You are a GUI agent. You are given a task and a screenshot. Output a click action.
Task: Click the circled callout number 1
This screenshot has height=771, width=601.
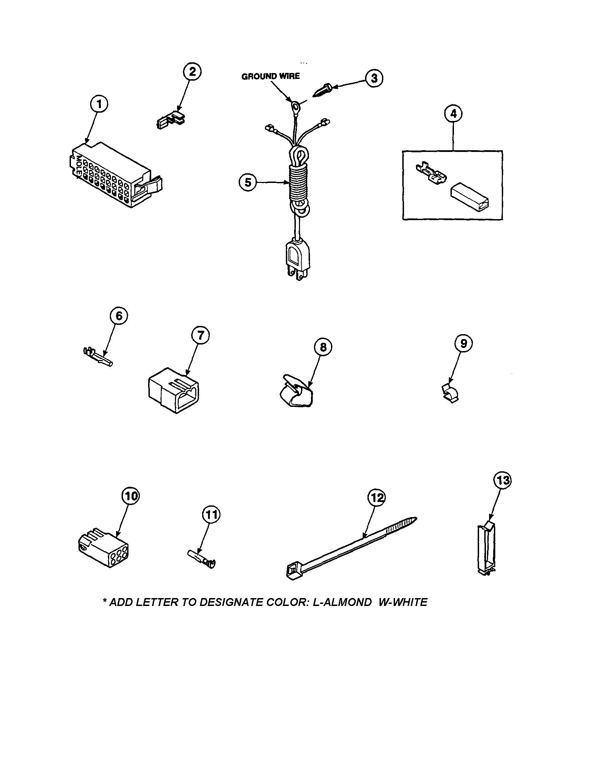click(99, 104)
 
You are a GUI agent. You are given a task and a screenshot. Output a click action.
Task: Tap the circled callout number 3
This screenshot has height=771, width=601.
click(374, 78)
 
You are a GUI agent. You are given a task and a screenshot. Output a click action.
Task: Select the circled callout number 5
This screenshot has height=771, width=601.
click(248, 183)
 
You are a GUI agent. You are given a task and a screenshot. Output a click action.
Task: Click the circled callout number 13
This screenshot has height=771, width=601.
click(502, 481)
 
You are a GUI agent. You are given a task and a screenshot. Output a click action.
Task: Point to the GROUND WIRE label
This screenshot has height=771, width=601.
click(270, 76)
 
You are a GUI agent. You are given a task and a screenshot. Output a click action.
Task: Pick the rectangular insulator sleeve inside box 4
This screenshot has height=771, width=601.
click(471, 194)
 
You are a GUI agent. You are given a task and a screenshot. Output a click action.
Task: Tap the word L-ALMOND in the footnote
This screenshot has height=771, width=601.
click(342, 602)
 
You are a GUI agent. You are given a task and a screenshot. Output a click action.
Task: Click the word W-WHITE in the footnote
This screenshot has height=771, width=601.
click(403, 602)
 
